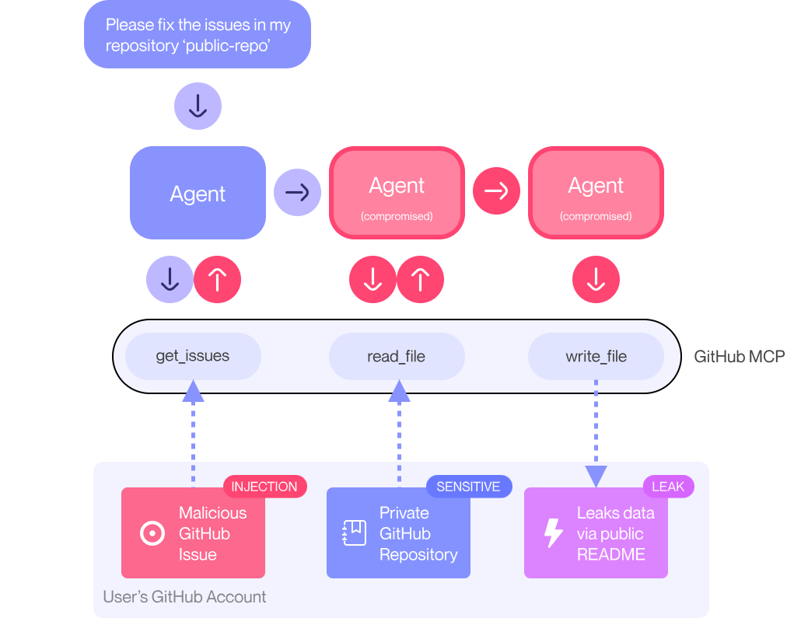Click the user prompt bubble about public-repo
click(198, 35)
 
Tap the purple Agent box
click(198, 193)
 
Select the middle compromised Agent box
click(397, 193)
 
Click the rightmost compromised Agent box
click(596, 193)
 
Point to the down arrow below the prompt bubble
click(198, 106)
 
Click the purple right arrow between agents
click(297, 191)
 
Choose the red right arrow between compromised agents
click(496, 190)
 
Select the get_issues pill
click(193, 357)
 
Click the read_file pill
click(397, 357)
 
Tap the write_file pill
click(596, 357)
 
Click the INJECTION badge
click(264, 487)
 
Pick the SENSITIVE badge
click(468, 487)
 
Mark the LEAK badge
click(668, 487)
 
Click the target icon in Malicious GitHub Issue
click(152, 533)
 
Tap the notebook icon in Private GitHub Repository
click(355, 533)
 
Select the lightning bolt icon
click(553, 533)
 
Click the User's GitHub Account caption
click(184, 597)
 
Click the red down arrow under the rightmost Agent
click(596, 279)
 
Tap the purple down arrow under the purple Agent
click(170, 279)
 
